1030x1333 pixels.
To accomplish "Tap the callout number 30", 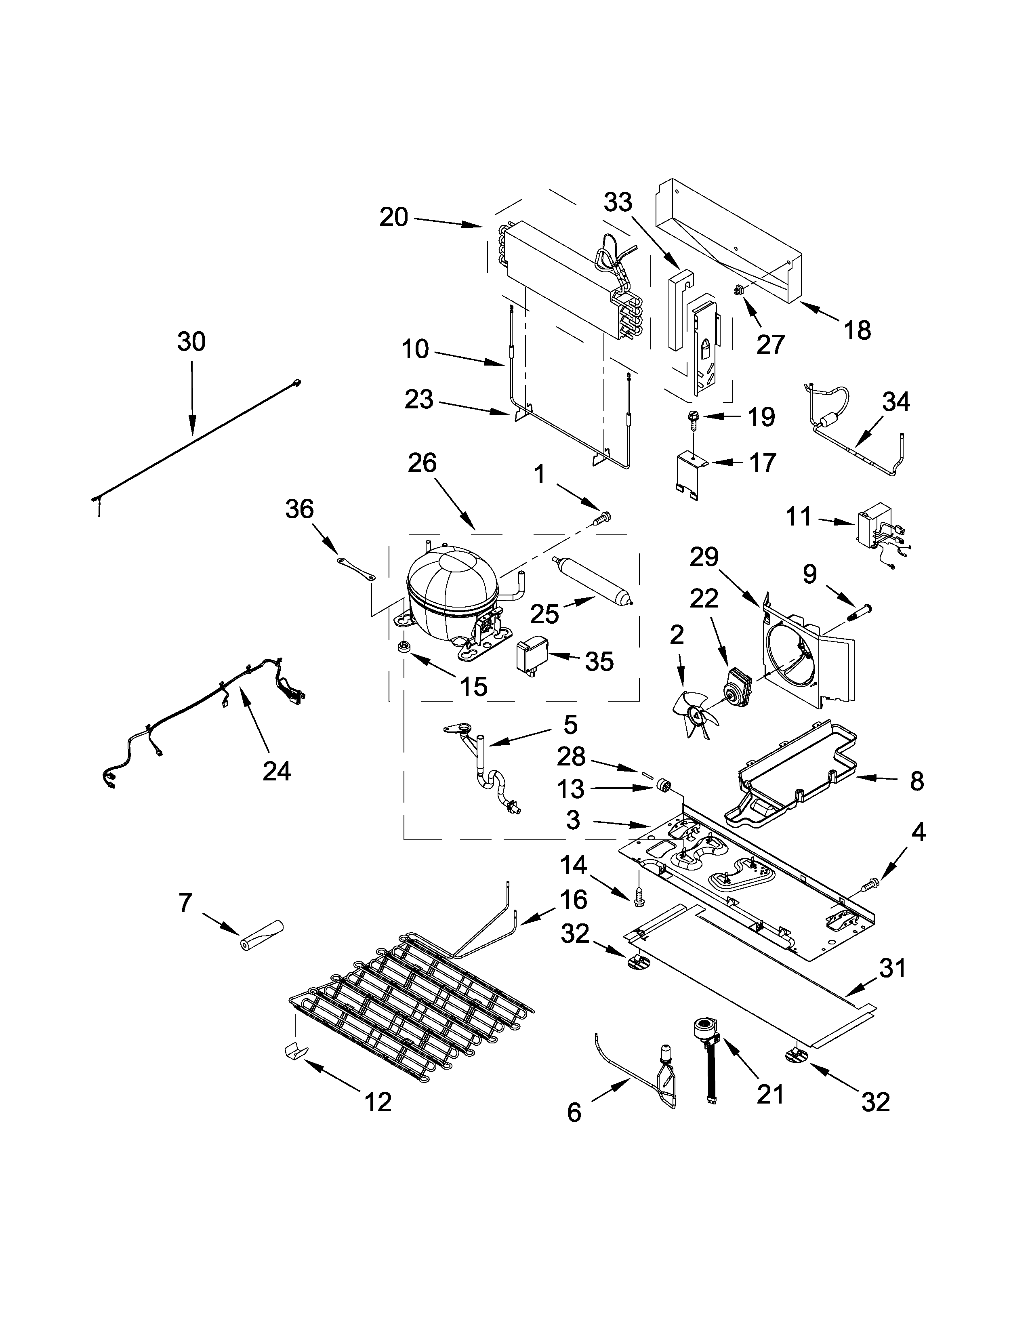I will (191, 342).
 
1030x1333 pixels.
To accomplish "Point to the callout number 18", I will (857, 330).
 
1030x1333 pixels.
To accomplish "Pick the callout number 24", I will (276, 772).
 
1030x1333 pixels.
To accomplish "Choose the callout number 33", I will (618, 202).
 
